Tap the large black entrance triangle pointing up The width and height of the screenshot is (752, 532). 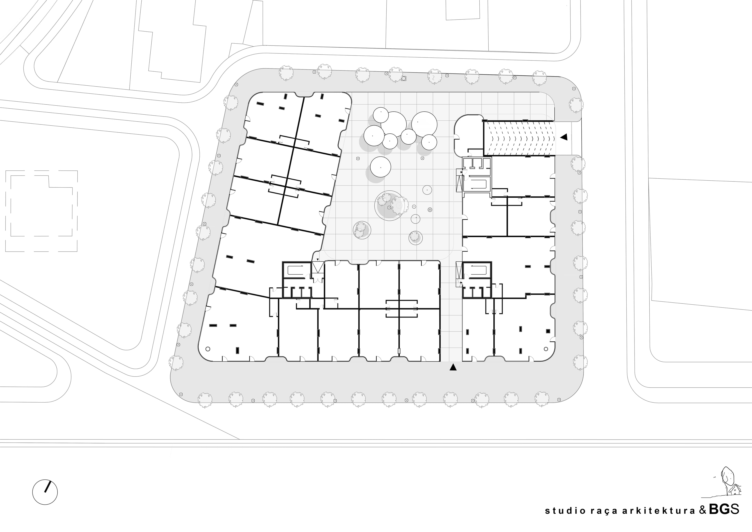(453, 367)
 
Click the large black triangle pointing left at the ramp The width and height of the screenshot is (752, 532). (563, 137)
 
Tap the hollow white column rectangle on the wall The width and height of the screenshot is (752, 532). (399, 351)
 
